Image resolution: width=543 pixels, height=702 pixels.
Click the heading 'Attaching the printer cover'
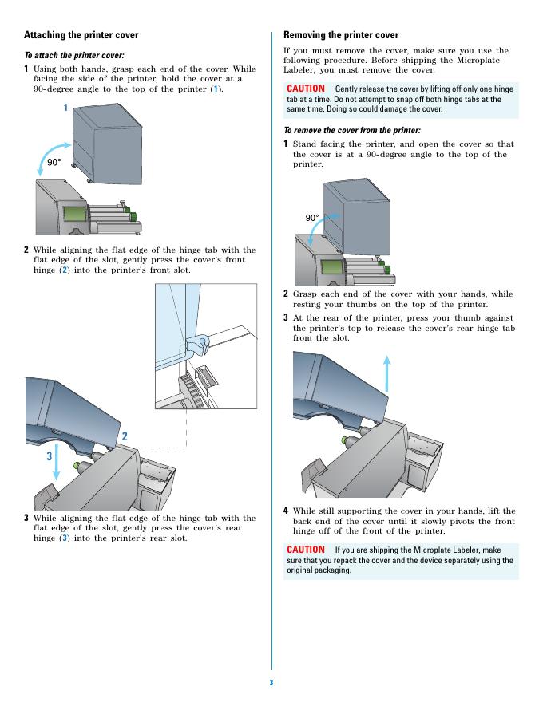pyautogui.click(x=81, y=35)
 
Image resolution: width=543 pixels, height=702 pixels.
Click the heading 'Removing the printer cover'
pyautogui.click(x=341, y=35)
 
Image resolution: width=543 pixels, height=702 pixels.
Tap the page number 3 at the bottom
pyautogui.click(x=271, y=683)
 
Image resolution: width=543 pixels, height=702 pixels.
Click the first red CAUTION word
pyautogui.click(x=306, y=89)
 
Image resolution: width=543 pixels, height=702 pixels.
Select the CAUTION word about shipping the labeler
pyautogui.click(x=306, y=550)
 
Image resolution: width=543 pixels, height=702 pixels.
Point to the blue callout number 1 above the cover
pyautogui.click(x=65, y=107)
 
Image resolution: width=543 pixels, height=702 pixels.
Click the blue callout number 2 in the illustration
pyautogui.click(x=125, y=436)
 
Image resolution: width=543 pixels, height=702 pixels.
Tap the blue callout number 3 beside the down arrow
pyautogui.click(x=49, y=457)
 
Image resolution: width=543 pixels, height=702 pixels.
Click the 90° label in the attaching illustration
pyautogui.click(x=54, y=162)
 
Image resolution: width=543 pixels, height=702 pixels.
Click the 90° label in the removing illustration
pyautogui.click(x=312, y=217)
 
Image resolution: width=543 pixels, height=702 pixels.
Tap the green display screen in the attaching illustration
pyautogui.click(x=74, y=215)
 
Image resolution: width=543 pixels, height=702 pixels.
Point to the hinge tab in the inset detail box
pyautogui.click(x=197, y=344)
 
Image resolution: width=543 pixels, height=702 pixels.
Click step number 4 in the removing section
pyautogui.click(x=286, y=511)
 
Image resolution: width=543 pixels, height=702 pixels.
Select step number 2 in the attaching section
pyautogui.click(x=26, y=250)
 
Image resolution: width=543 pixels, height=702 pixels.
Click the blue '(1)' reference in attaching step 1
pyautogui.click(x=215, y=89)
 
